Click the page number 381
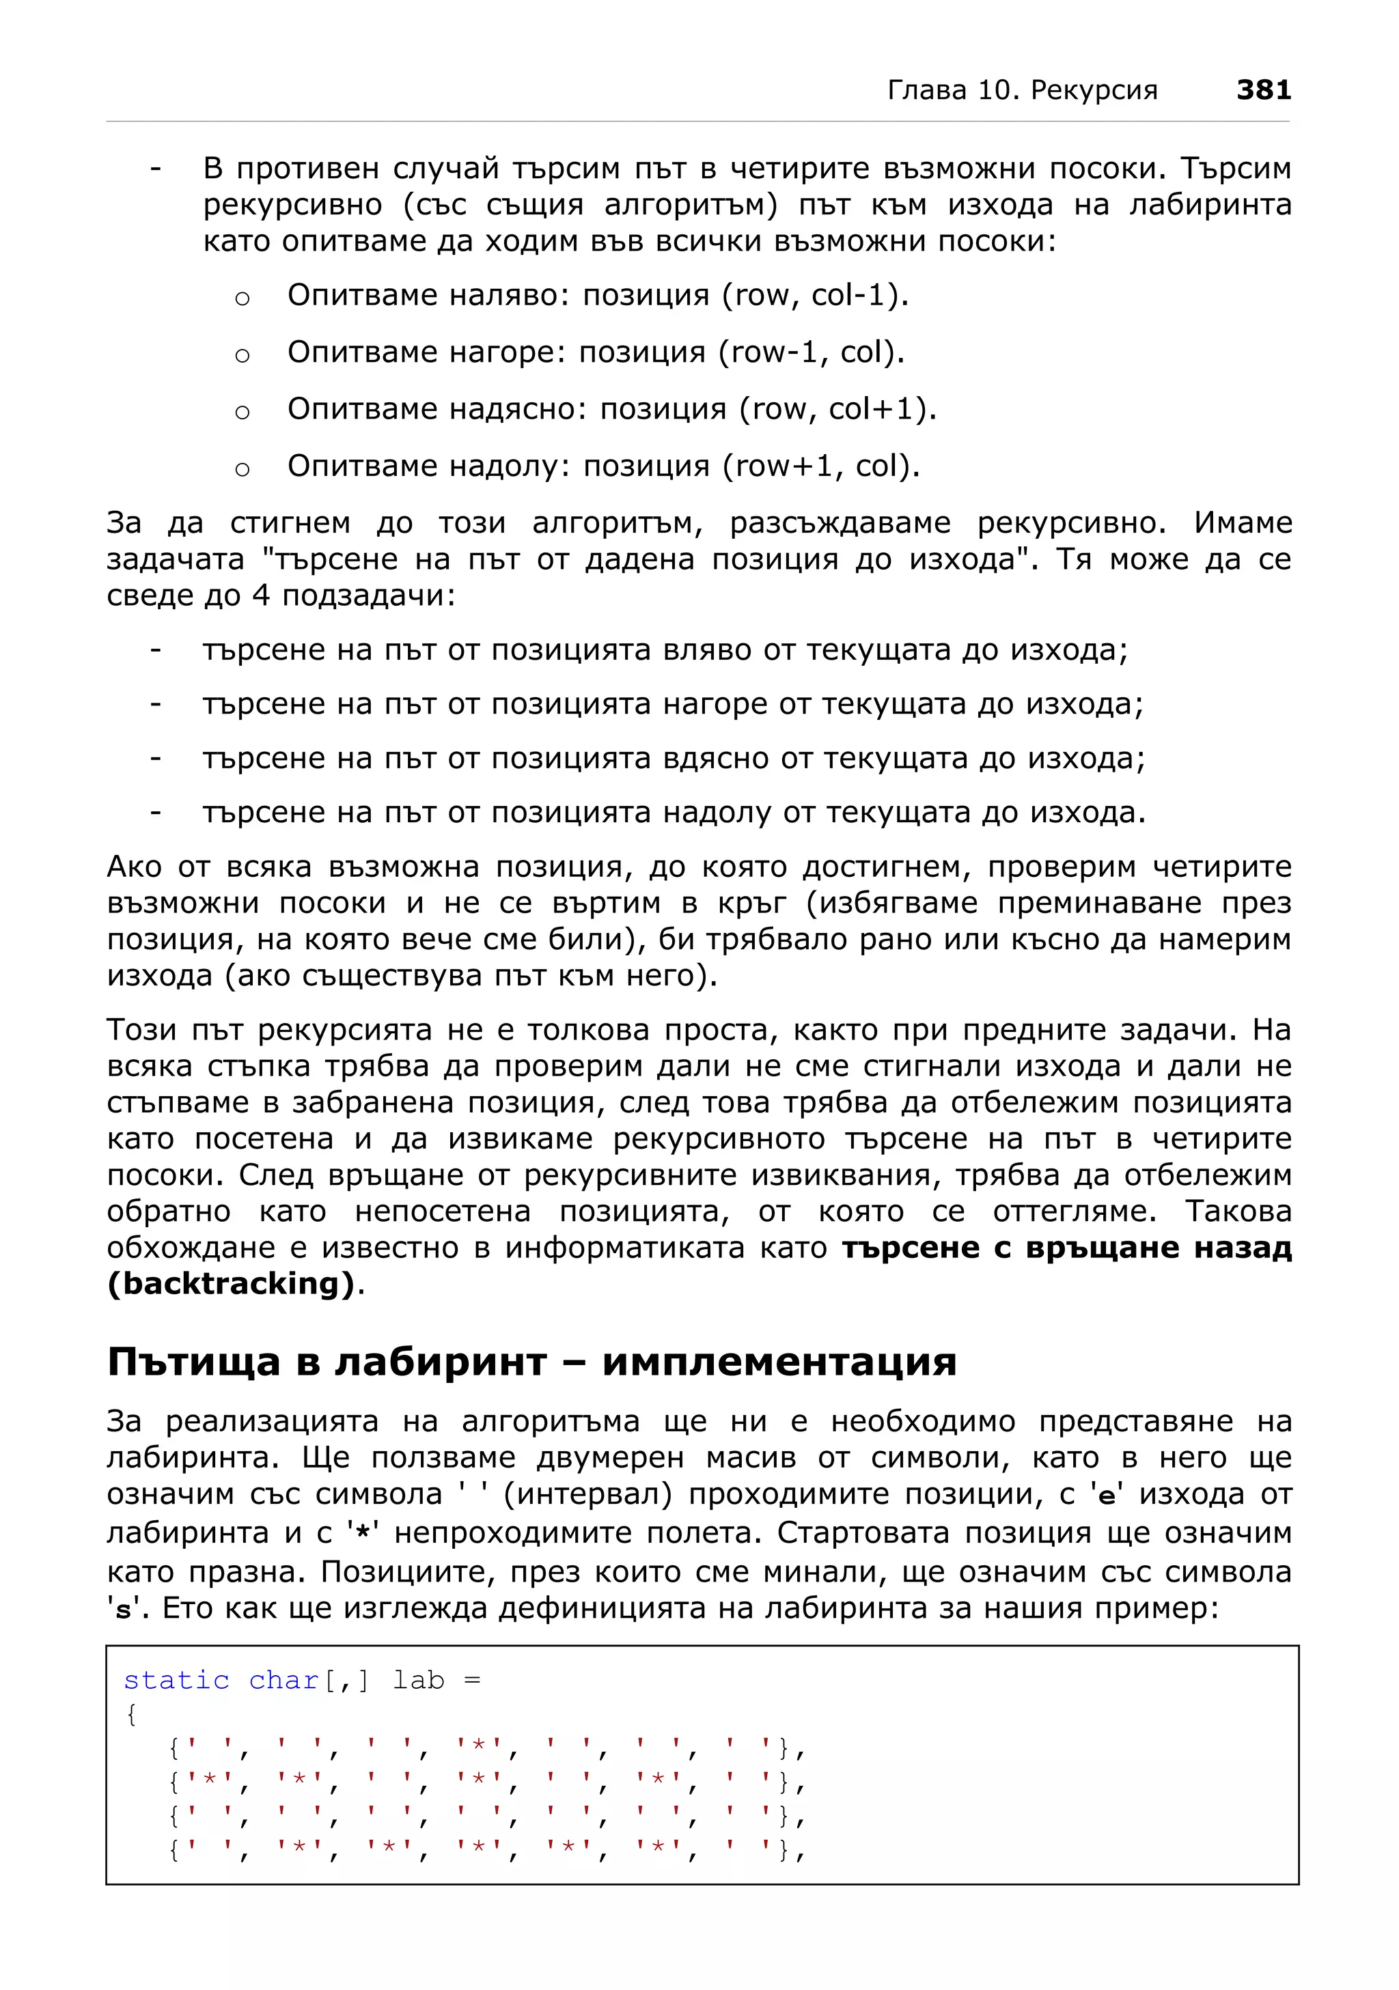[x=1262, y=89]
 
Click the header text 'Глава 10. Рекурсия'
[x=1022, y=90]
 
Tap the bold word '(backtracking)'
[x=232, y=1285]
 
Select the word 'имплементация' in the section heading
[x=778, y=1362]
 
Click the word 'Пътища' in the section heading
[x=193, y=1362]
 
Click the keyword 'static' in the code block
[x=176, y=1681]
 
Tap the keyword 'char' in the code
[x=283, y=1681]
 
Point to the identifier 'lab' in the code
[x=418, y=1681]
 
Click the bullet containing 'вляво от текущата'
[x=664, y=650]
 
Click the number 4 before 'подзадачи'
[x=261, y=596]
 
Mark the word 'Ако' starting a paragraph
[x=135, y=867]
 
